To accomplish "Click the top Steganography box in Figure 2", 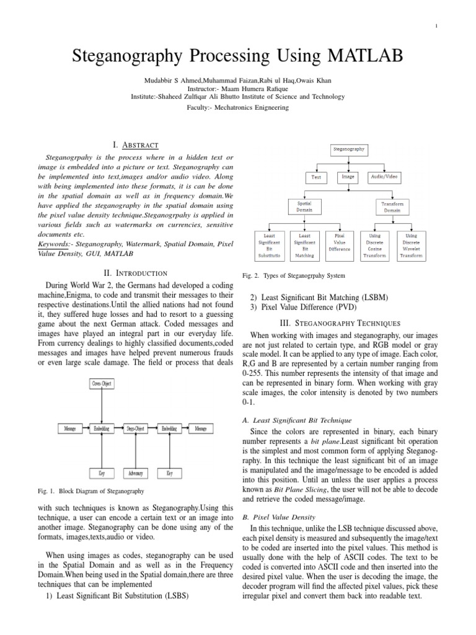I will point(349,149).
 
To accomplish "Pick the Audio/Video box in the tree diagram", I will point(384,177).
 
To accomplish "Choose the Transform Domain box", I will point(392,206).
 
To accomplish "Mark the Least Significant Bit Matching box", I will point(304,245).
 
